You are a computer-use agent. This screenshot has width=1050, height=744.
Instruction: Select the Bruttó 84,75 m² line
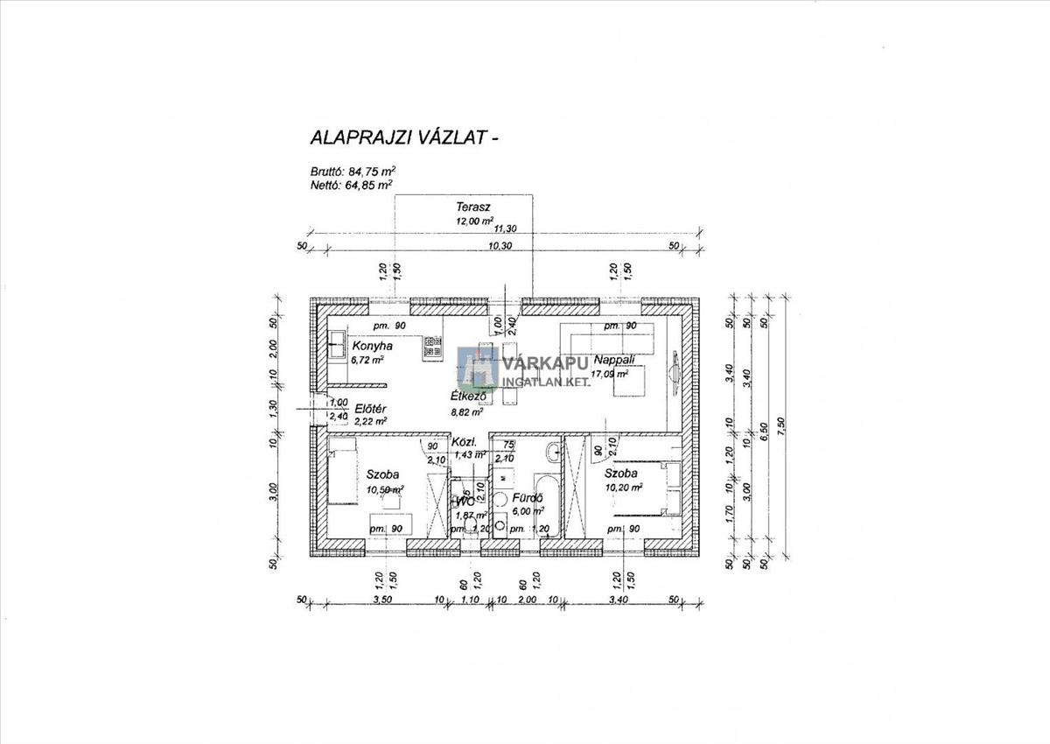coord(349,172)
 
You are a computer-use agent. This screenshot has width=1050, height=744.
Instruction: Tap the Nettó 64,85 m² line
coord(347,185)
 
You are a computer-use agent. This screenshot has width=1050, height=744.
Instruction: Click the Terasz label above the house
coord(472,207)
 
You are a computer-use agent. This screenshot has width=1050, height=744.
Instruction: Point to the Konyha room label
coord(371,346)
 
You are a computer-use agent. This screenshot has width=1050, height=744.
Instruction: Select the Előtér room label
coord(370,409)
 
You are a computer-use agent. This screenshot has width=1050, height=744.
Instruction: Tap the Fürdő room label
coord(528,497)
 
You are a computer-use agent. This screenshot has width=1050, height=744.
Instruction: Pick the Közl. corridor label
coord(463,443)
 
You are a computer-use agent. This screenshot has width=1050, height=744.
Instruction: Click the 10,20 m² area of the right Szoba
coord(624,487)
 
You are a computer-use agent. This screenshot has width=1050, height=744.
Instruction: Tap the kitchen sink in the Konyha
coord(338,345)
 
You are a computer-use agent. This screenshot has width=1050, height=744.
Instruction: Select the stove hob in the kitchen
coord(432,348)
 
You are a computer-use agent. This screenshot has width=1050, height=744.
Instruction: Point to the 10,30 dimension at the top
coord(500,247)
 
